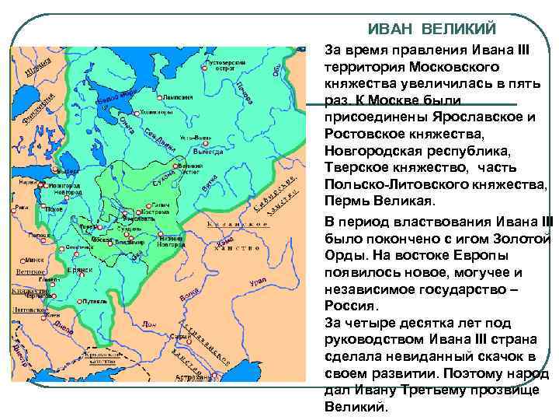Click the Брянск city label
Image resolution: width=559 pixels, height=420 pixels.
[x=78, y=269]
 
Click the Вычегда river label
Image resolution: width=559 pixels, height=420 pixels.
[x=207, y=152]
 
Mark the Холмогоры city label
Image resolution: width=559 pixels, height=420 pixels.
[x=157, y=112]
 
